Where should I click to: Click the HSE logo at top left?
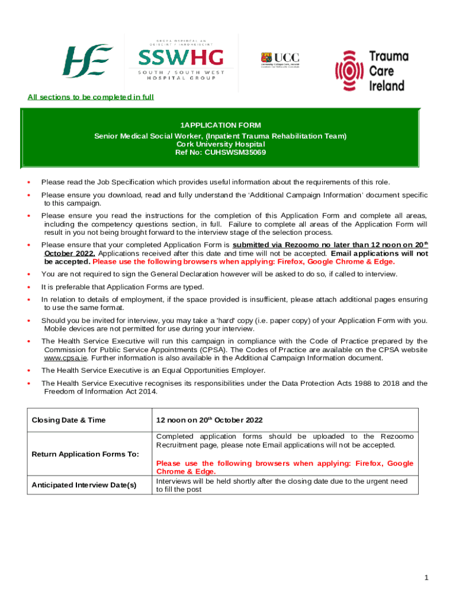click(x=88, y=60)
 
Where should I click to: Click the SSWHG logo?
click(x=181, y=62)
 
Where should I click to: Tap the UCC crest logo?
click(x=280, y=60)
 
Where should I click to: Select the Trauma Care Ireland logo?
click(x=372, y=71)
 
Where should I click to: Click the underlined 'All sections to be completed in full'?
click(x=91, y=97)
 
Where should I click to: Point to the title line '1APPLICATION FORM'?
click(x=220, y=125)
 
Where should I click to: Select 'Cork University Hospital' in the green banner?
click(x=220, y=143)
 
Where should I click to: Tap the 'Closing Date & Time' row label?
click(x=68, y=420)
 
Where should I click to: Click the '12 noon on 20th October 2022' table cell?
click(x=209, y=420)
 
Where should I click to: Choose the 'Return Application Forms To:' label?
click(x=85, y=454)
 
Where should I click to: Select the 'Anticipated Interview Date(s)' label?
click(x=84, y=485)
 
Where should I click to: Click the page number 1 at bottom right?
click(x=426, y=577)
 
